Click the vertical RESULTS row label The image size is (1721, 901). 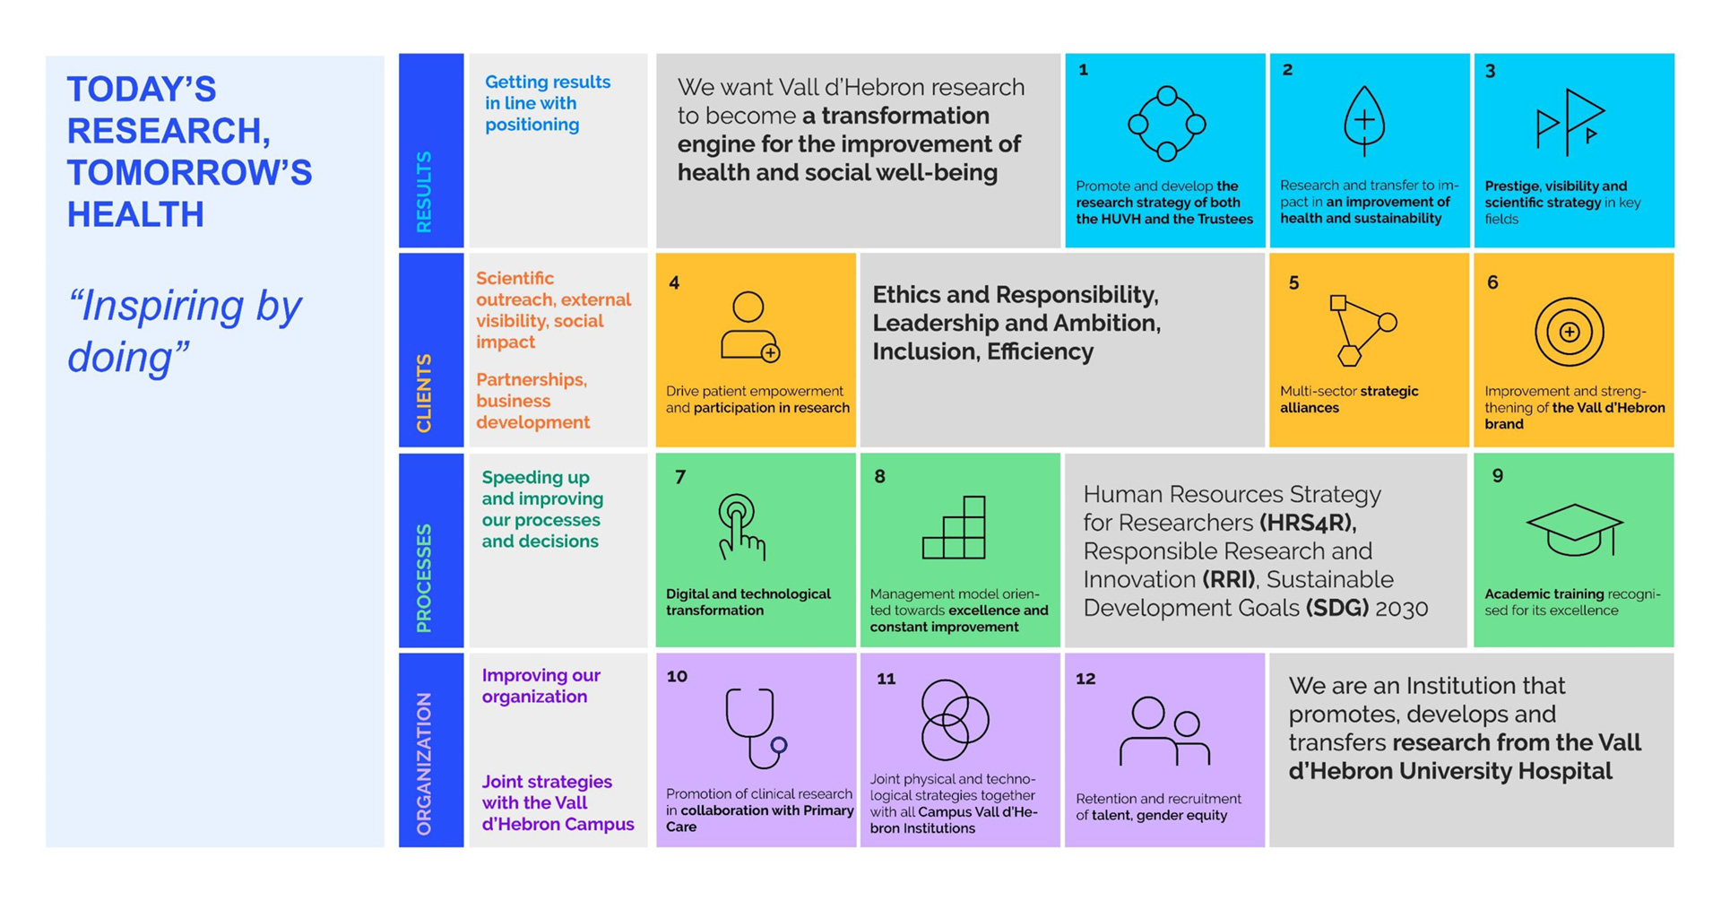[x=424, y=192]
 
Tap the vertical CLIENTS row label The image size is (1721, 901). [x=424, y=393]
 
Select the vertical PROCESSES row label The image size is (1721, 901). [x=424, y=578]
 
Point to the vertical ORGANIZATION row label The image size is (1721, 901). [x=424, y=765]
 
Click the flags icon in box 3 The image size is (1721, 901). [x=1570, y=122]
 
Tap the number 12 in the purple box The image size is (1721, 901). [x=1085, y=679]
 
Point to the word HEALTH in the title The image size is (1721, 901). [x=136, y=215]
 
